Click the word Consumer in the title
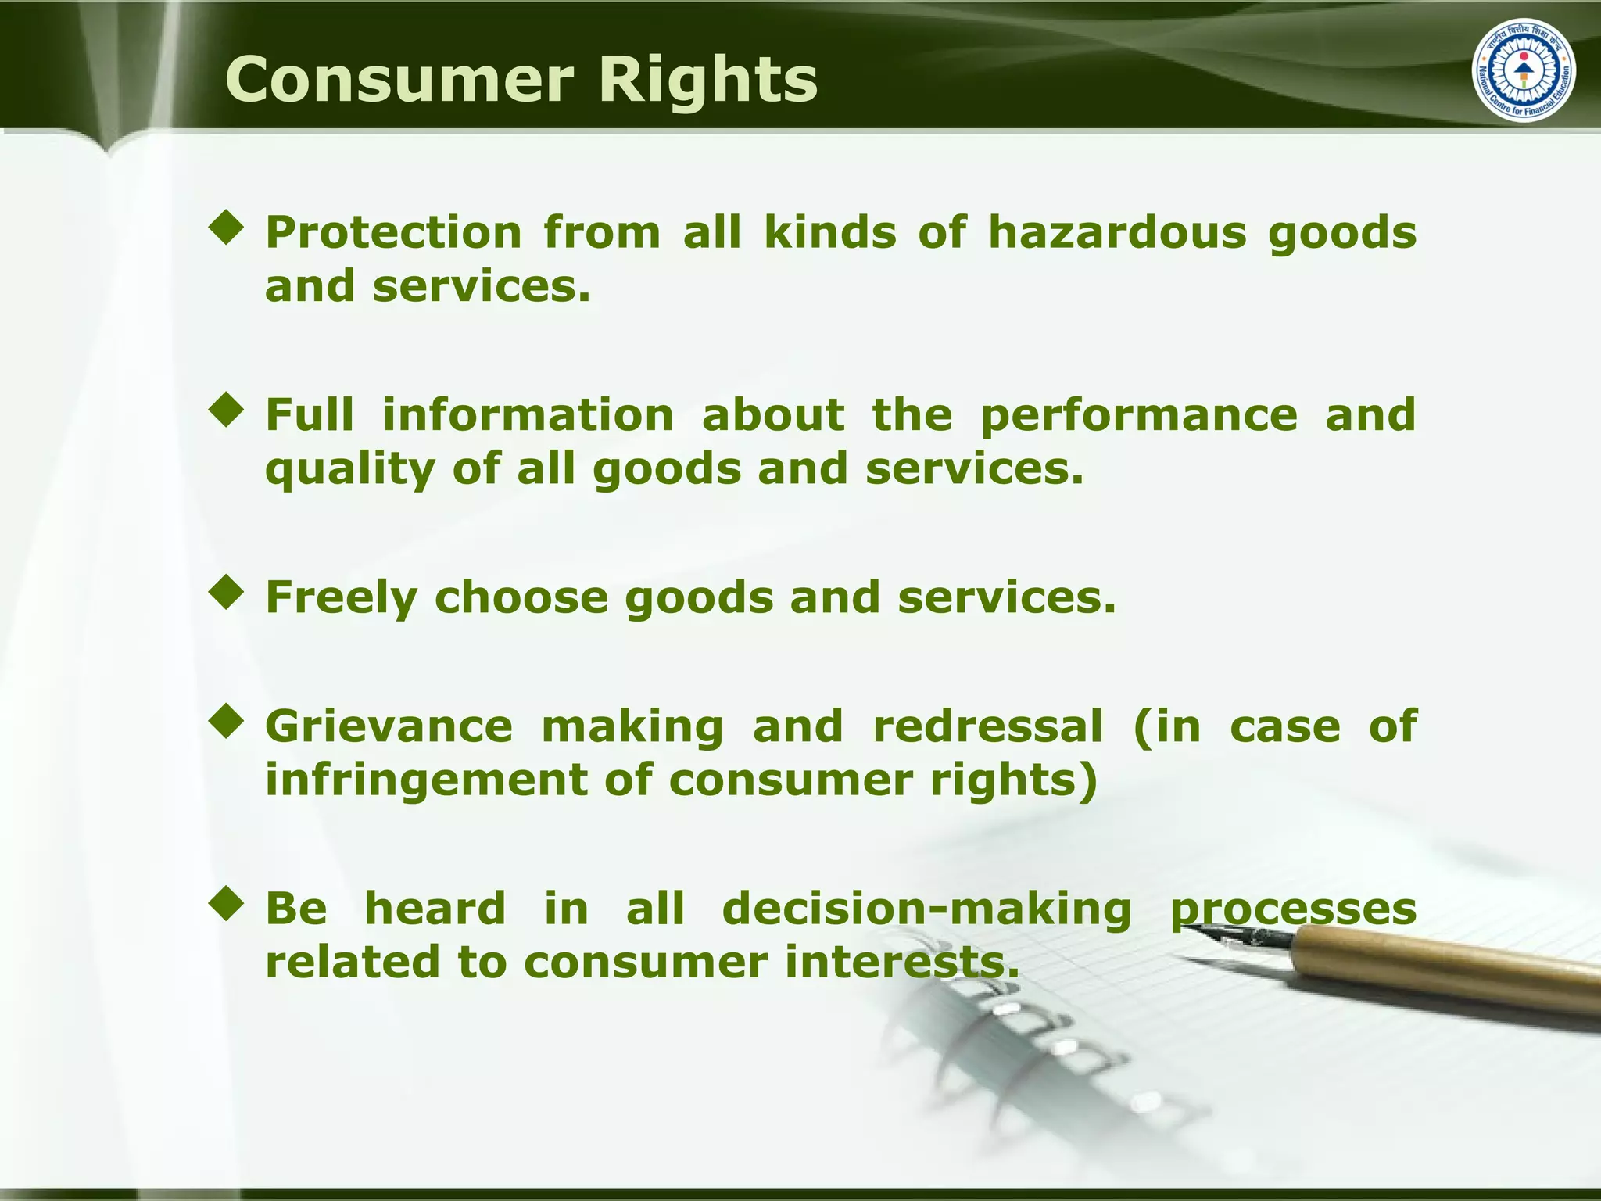[399, 80]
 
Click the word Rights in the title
[708, 80]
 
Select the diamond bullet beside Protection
[227, 228]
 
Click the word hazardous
[1117, 232]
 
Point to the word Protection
[393, 232]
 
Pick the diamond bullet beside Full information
[227, 410]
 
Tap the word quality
[349, 469]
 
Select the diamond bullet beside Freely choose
[227, 593]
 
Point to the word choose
[521, 597]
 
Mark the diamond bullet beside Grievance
[227, 722]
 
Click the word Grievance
[389, 726]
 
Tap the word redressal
[987, 726]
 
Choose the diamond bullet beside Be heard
[227, 904]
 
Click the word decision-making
[926, 909]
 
